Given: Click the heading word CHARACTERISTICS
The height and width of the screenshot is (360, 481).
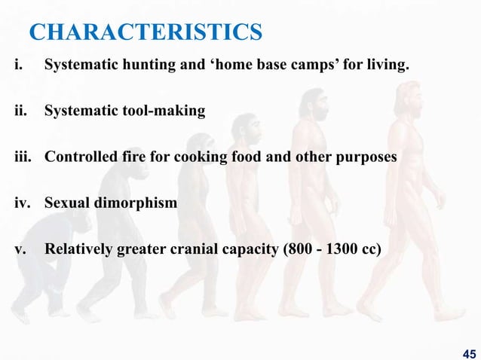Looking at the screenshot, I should click(146, 32).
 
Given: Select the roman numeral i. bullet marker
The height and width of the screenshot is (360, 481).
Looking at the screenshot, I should click(17, 66).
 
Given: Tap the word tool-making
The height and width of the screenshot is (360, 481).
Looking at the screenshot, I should click(161, 111).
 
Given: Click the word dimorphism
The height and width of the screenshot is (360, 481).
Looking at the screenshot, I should click(133, 203).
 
